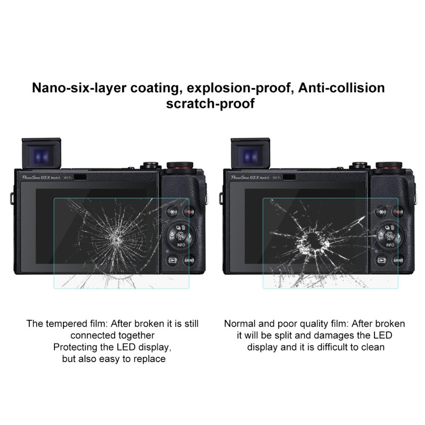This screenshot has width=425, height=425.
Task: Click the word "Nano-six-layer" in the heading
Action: (x=79, y=88)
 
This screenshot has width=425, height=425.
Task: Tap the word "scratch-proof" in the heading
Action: (x=210, y=103)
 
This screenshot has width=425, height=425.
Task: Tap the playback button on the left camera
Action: (x=172, y=260)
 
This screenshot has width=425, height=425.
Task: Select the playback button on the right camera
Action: (x=381, y=260)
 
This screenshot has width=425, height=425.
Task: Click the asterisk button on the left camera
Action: (x=172, y=212)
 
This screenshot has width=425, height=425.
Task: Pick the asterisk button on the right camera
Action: (x=381, y=212)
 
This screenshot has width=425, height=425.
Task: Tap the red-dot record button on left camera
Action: (x=189, y=212)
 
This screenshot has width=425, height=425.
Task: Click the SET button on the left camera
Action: (x=180, y=236)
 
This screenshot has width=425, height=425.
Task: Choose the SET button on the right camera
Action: (x=390, y=236)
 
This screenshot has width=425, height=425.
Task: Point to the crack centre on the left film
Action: (x=117, y=240)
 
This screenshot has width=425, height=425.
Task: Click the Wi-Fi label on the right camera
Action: (x=277, y=177)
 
